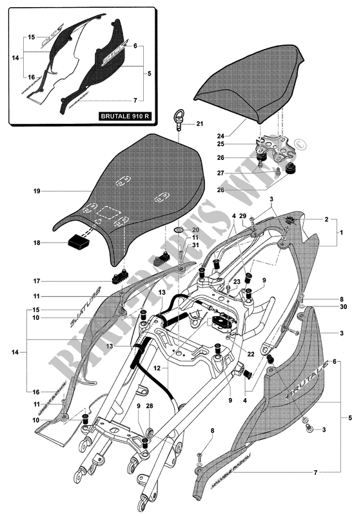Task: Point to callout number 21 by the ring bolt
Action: [x=199, y=124]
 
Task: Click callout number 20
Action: [x=196, y=230]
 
